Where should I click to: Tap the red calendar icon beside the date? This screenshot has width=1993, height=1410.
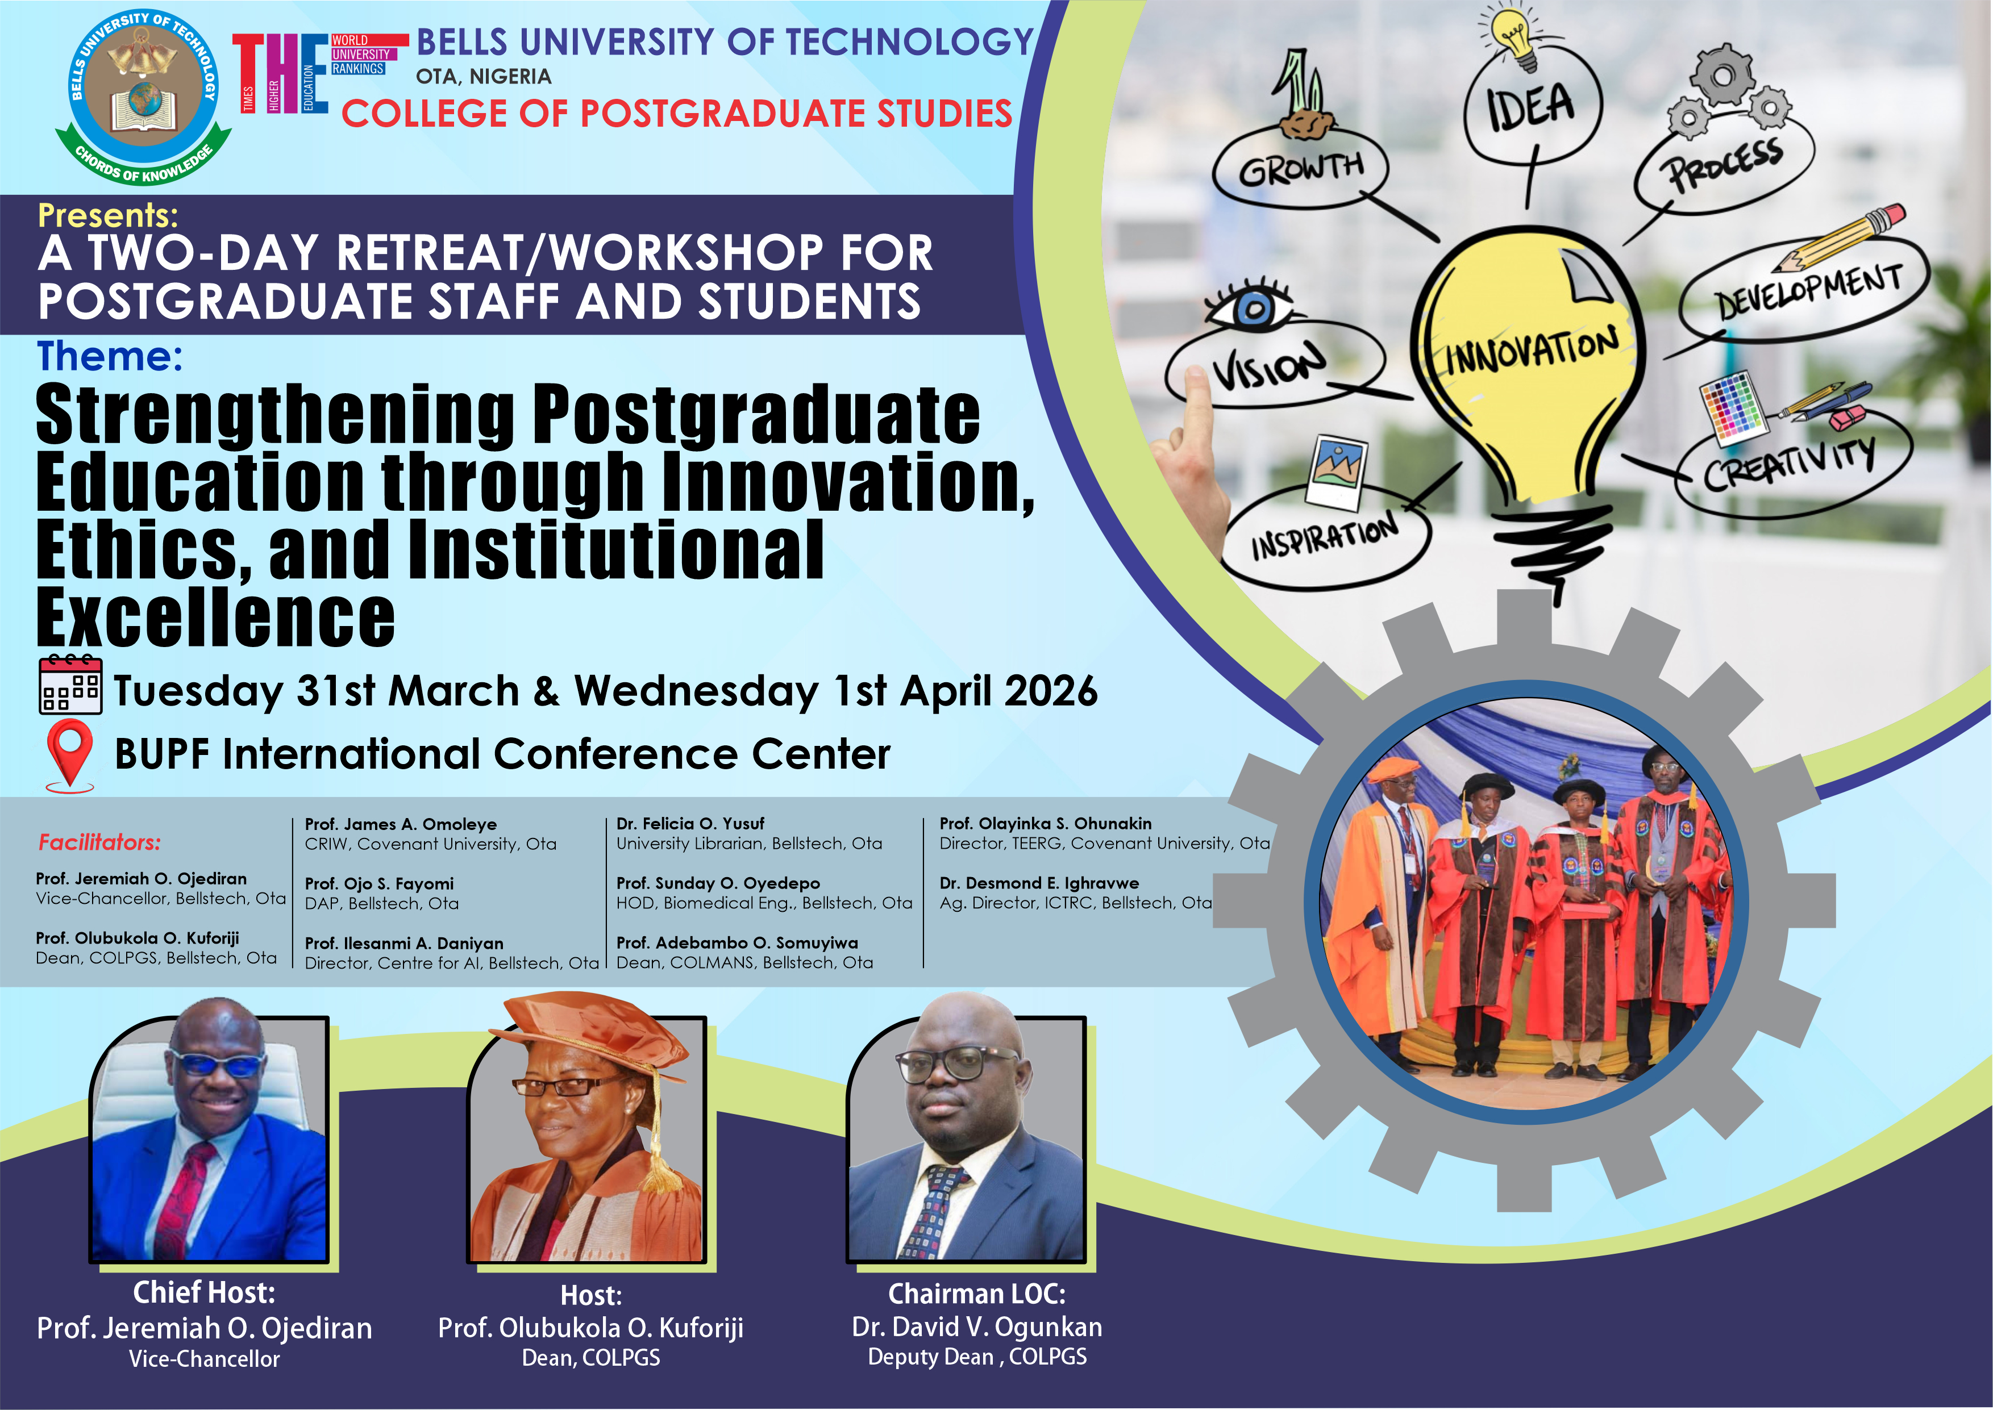[x=70, y=685]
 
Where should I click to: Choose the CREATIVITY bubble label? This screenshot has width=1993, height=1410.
[x=1789, y=462]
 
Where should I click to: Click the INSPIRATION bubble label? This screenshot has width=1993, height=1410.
[x=1324, y=535]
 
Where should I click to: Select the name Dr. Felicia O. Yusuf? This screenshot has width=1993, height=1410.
[x=690, y=823]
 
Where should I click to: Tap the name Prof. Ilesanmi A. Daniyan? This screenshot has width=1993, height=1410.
[x=404, y=943]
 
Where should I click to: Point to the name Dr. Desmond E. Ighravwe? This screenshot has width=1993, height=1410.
[x=1039, y=883]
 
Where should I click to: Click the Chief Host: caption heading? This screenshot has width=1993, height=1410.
[x=204, y=1292]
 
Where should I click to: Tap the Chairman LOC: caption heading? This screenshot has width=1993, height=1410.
[x=977, y=1294]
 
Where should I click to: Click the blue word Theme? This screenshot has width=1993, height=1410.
[x=110, y=356]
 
